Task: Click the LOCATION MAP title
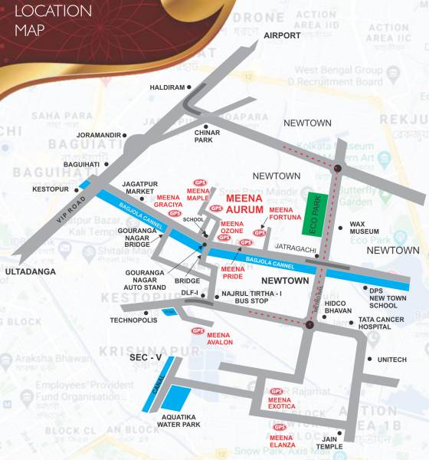point(53,21)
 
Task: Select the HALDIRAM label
point(163,87)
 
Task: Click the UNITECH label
point(393,359)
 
